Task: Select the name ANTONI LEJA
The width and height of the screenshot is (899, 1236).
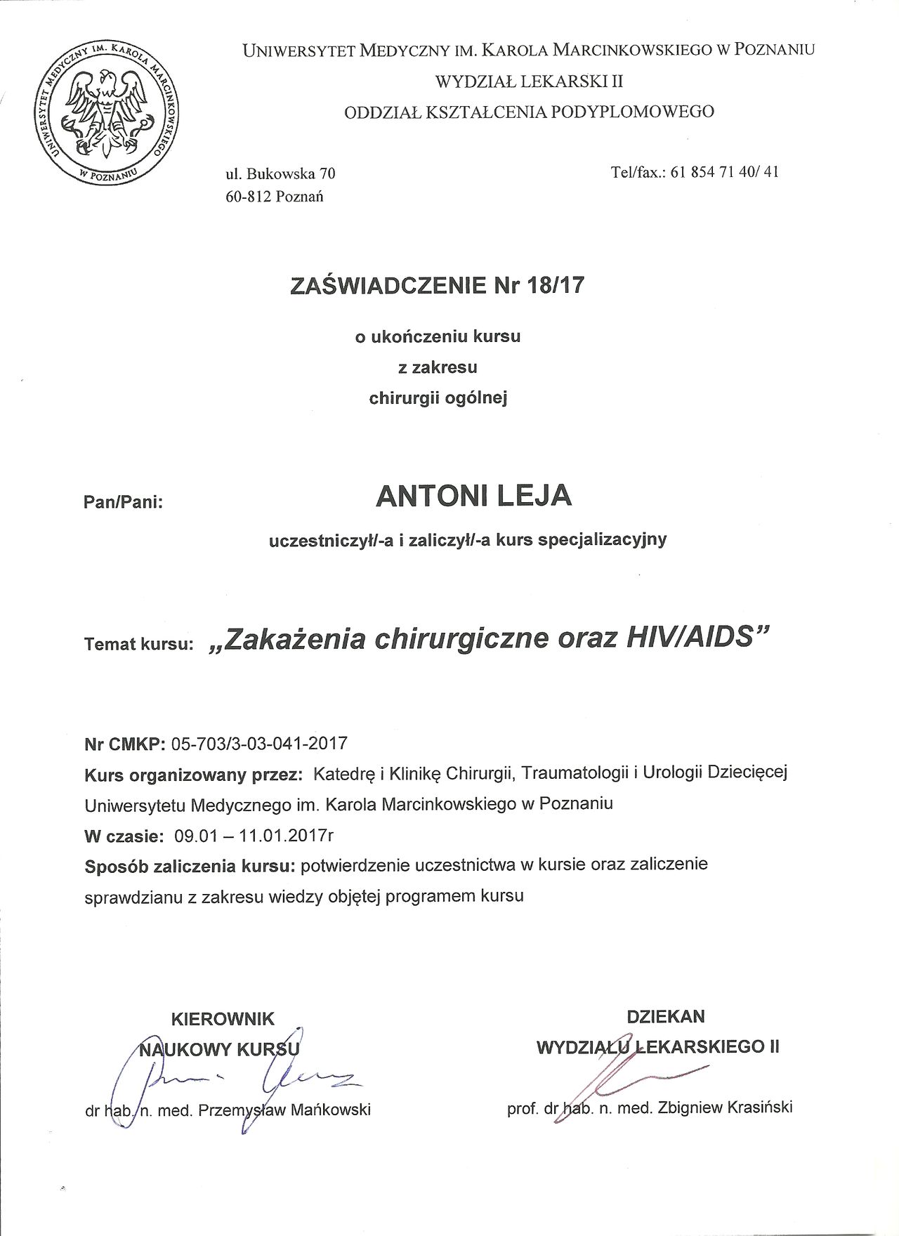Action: tap(474, 496)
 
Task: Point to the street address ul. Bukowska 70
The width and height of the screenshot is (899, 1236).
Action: tap(280, 173)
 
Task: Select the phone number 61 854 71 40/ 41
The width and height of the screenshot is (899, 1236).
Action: tap(724, 172)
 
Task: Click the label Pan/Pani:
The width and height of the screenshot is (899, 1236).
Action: tap(123, 503)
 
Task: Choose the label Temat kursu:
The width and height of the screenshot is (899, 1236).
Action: tap(138, 644)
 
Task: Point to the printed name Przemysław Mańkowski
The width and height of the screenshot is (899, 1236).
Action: tap(284, 1110)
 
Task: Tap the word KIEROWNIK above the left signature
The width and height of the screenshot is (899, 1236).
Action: tap(224, 1018)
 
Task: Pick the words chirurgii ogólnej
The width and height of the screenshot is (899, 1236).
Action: tap(438, 398)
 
